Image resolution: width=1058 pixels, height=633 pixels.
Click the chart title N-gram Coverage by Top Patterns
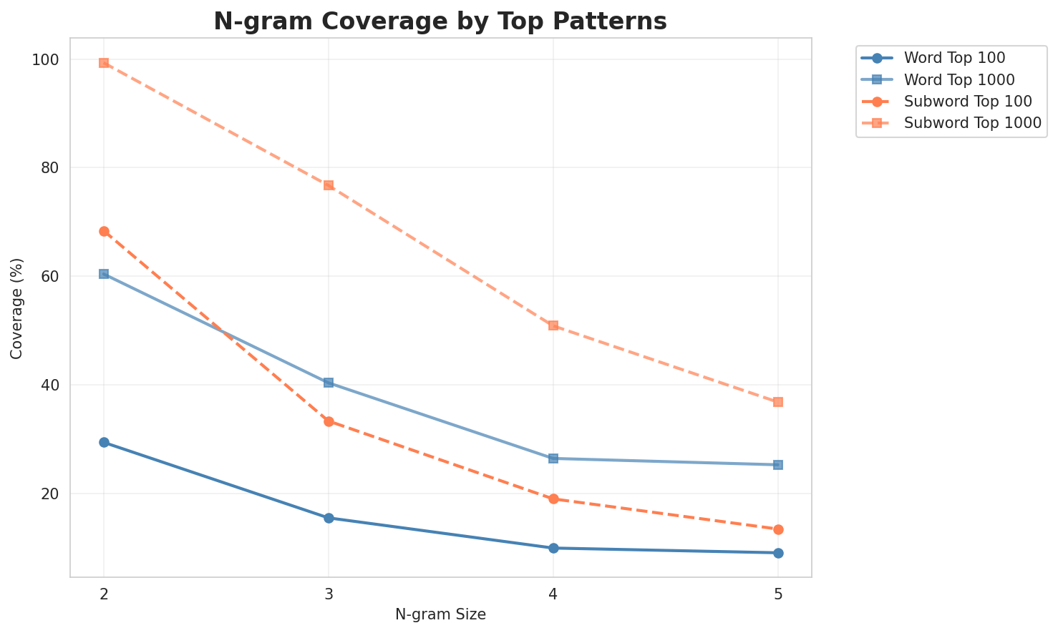[440, 21]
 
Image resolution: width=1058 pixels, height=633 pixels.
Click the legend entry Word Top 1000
[960, 79]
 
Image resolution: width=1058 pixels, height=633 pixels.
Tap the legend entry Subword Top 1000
[972, 122]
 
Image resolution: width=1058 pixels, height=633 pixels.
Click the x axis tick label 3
[329, 594]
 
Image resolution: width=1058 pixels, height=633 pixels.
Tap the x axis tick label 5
[778, 594]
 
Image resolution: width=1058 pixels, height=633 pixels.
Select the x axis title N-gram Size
[440, 614]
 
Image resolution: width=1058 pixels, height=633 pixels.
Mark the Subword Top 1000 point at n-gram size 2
[104, 63]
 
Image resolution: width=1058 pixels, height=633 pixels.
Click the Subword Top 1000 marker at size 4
[553, 325]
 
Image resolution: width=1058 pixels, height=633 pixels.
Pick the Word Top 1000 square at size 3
[329, 383]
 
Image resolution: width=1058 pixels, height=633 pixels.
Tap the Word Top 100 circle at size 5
[778, 553]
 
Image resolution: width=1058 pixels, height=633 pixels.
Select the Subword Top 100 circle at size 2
[104, 231]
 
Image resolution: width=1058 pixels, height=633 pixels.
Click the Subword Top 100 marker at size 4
[553, 499]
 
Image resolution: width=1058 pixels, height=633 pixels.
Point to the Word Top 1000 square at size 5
[778, 465]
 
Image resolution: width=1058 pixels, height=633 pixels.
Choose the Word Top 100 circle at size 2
[104, 442]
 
